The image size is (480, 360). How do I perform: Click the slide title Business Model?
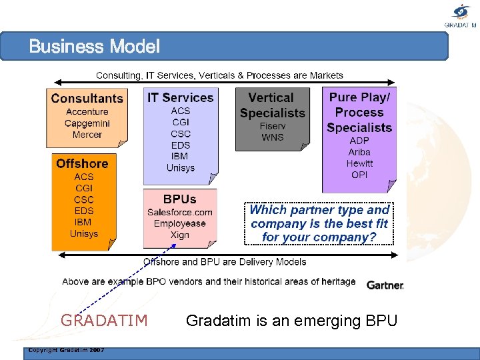(x=95, y=47)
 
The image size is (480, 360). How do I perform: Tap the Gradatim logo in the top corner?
(x=461, y=15)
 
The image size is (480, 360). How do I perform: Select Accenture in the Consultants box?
(x=87, y=112)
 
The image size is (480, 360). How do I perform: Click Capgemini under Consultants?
(x=87, y=123)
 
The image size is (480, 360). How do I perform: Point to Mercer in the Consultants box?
(x=87, y=135)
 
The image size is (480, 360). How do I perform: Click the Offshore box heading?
(x=82, y=163)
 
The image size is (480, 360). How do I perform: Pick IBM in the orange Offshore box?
(x=83, y=222)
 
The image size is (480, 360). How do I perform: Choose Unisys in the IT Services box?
(x=180, y=167)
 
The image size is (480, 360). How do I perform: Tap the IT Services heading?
(x=180, y=97)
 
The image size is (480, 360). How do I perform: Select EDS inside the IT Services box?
(x=180, y=145)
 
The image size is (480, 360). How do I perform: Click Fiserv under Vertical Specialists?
(x=272, y=126)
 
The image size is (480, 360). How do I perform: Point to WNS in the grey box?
(x=272, y=137)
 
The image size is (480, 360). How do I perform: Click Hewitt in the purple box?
(x=359, y=163)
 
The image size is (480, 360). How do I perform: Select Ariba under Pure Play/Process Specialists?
(x=359, y=152)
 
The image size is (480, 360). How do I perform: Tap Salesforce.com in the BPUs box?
(x=180, y=212)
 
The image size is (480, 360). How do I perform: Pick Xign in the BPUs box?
(x=180, y=235)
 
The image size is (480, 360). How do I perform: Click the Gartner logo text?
(x=385, y=285)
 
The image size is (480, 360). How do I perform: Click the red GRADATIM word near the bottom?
(x=104, y=321)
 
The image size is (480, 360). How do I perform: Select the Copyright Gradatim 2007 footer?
(x=65, y=350)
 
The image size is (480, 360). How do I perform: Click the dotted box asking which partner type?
(x=319, y=223)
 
